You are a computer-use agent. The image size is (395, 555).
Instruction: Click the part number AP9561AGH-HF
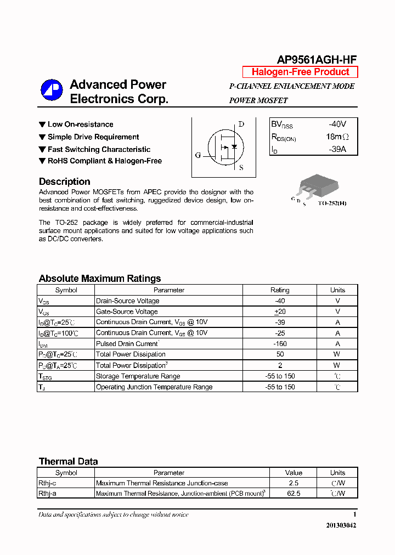[x=317, y=60]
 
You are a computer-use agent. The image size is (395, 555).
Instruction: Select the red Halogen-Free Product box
[x=300, y=72]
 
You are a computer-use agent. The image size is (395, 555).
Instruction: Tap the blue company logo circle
[x=52, y=91]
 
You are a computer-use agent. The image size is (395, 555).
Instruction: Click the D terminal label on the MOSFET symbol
[x=241, y=124]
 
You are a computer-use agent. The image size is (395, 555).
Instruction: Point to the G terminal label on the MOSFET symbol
[x=198, y=155]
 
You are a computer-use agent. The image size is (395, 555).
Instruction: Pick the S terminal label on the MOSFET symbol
[x=241, y=168]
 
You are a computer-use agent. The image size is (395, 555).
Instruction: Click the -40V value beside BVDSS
[x=337, y=124]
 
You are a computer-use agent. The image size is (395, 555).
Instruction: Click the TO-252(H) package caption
[x=332, y=203]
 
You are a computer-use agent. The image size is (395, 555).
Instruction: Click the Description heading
[x=65, y=182]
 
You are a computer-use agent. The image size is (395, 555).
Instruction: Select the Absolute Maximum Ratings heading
[x=100, y=279]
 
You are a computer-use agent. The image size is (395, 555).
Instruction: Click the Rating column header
[x=280, y=290]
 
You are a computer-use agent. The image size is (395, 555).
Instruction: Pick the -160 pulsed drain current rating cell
[x=280, y=344]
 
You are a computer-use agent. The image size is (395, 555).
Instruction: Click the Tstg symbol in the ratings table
[x=44, y=376]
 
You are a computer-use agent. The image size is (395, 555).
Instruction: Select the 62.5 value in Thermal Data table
[x=294, y=494]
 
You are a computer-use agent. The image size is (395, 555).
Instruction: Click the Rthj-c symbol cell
[x=47, y=483]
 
